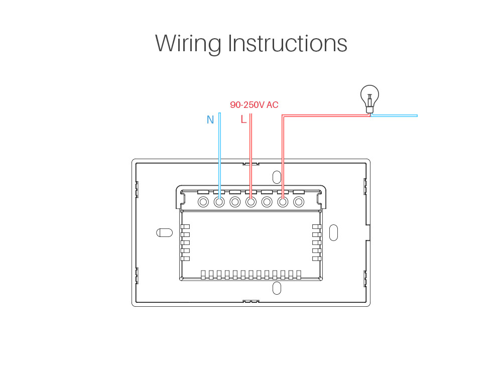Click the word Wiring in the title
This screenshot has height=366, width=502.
[188, 44]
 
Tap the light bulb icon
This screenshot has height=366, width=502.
[370, 98]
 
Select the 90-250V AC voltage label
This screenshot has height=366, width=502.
[254, 105]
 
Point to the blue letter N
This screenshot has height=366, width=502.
[210, 120]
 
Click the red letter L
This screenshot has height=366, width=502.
[243, 120]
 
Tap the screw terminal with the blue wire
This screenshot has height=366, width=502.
[219, 202]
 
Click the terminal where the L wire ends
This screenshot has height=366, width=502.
[251, 202]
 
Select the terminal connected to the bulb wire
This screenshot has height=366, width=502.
[283, 202]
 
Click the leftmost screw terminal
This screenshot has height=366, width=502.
[203, 202]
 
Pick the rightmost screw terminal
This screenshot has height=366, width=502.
[299, 202]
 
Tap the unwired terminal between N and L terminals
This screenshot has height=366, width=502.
[235, 202]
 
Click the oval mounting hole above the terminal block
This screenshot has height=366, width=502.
[277, 177]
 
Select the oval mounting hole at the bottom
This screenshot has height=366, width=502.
[277, 288]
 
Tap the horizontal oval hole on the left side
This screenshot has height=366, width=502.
[164, 233]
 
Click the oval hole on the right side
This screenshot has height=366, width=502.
[333, 232]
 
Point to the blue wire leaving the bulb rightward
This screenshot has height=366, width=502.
[395, 115]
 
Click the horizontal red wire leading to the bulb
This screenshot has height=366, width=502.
[326, 115]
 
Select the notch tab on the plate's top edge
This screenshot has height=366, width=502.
[250, 164]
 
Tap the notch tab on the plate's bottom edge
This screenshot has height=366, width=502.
[250, 301]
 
